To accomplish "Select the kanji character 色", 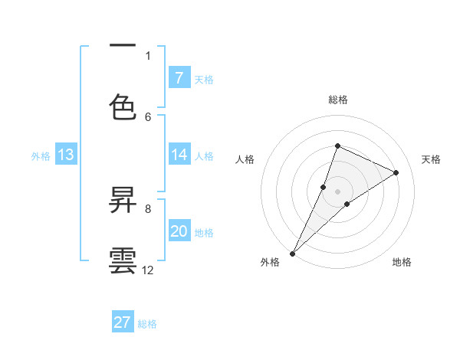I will coord(123,107).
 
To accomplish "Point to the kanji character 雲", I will coord(123,260).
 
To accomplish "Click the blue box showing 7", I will coord(179,77).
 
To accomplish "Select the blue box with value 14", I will coord(179,155).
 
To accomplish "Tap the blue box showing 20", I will coord(179,232).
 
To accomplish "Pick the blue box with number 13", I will coord(65,155).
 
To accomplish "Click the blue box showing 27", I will coord(123,322).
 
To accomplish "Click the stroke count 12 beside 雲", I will coord(148,270).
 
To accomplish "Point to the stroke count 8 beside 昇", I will coord(148,208).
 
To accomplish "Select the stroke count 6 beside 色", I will coord(148,116).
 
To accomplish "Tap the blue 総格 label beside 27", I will coord(147,324).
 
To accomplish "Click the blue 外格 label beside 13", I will coord(41,156).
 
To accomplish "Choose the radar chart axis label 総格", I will coord(337,100).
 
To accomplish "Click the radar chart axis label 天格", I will coord(432,159).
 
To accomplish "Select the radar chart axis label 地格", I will coord(402,262).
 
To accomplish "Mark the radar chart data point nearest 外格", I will coord(292,253).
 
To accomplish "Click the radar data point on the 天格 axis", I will coord(396,173).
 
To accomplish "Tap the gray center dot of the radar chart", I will coord(337,191).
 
